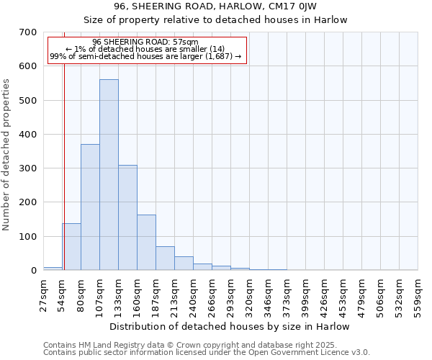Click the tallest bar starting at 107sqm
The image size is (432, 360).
(109, 175)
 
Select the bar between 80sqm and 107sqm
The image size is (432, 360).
(90, 207)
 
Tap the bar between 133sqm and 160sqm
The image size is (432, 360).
(127, 217)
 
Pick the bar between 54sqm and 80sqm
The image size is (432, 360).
(71, 247)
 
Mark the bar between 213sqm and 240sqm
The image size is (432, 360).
(184, 264)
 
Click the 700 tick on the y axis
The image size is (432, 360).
(28, 32)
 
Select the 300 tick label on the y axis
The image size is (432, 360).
(28, 168)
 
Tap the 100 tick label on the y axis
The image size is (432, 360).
(28, 237)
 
